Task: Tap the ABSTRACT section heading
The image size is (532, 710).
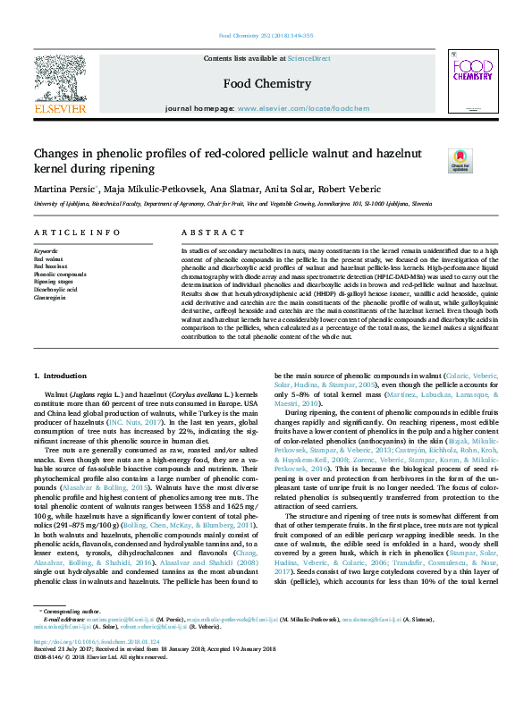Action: pos(200,232)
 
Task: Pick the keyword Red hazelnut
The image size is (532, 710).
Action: pos(48,266)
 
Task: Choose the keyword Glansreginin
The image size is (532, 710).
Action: pos(49,297)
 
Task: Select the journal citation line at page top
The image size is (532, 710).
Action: pos(266,36)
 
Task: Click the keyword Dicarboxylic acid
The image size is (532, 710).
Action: pos(55,290)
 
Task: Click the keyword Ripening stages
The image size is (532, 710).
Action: pos(53,282)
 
